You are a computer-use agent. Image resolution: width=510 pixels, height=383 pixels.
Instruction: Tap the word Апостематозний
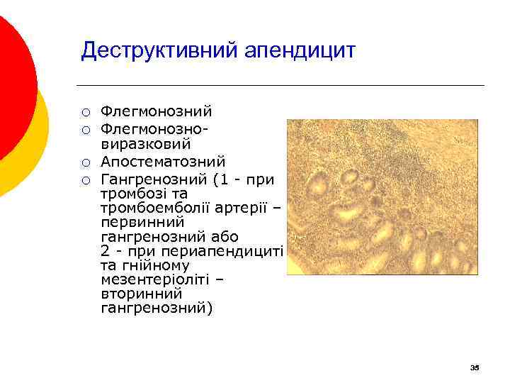pyautogui.click(x=162, y=162)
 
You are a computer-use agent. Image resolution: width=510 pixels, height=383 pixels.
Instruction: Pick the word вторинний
pyautogui.click(x=141, y=294)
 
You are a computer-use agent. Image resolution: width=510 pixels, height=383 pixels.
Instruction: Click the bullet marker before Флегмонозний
pyautogui.click(x=85, y=112)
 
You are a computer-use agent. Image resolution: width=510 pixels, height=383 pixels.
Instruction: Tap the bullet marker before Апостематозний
pyautogui.click(x=85, y=162)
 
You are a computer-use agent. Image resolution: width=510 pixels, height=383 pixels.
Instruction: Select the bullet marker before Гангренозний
pyautogui.click(x=85, y=179)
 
